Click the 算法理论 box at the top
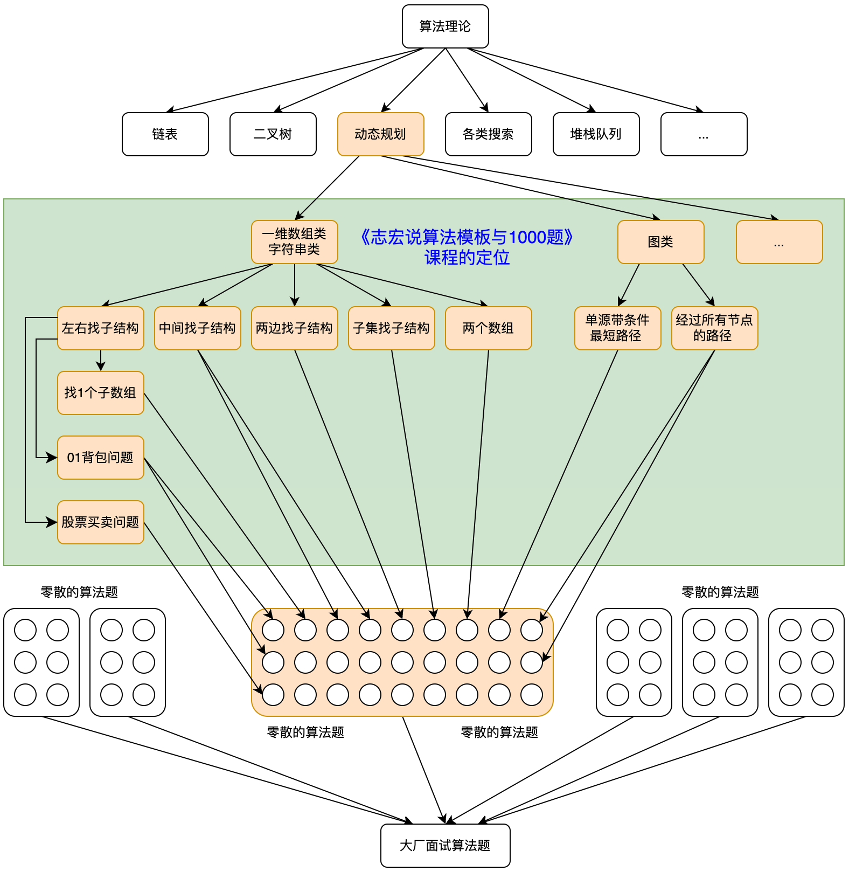445,26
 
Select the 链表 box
165,134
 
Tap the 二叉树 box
273,134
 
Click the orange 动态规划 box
380,134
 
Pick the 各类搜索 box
488,134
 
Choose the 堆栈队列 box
596,134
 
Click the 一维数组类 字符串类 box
294,242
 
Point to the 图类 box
660,242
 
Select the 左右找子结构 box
100,328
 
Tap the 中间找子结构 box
197,328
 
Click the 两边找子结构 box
294,328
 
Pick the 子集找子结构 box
391,328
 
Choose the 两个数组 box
488,328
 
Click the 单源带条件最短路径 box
617,328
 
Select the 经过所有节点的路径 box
714,328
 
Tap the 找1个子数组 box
100,393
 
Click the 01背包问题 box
100,458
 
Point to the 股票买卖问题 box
100,522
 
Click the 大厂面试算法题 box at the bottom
445,846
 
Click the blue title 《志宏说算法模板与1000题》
467,237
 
